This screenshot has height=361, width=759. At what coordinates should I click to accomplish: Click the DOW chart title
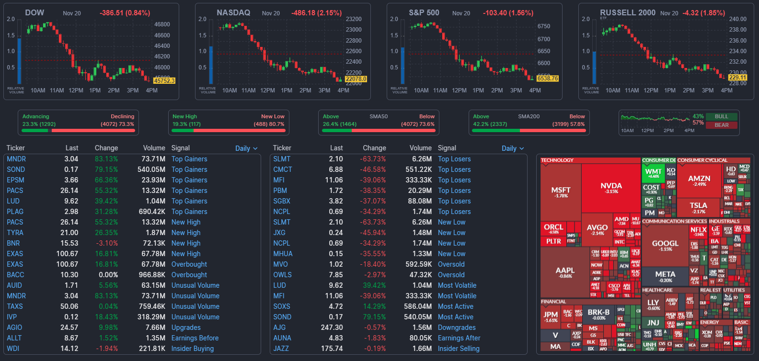pyautogui.click(x=34, y=13)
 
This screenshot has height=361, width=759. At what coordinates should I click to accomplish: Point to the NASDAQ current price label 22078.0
pyautogui.click(x=356, y=79)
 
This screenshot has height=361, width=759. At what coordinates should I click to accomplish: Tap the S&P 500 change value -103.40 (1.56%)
pyautogui.click(x=508, y=13)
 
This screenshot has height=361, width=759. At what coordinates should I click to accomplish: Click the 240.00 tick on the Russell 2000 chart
pyautogui.click(x=737, y=19)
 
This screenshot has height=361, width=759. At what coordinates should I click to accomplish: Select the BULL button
pyautogui.click(x=721, y=116)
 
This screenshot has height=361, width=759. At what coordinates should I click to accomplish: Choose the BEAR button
pyautogui.click(x=721, y=125)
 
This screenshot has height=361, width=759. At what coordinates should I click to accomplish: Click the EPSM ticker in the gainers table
pyautogui.click(x=15, y=180)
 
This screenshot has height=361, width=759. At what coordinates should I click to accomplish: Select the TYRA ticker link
pyautogui.click(x=15, y=233)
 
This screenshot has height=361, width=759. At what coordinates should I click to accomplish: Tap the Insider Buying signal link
pyautogui.click(x=193, y=349)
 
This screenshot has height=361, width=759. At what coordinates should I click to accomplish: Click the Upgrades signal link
pyautogui.click(x=186, y=327)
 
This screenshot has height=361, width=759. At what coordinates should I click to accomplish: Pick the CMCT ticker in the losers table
pyautogui.click(x=283, y=169)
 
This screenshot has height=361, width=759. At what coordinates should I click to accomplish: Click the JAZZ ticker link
pyautogui.click(x=281, y=349)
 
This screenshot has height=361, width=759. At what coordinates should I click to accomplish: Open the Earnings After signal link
pyautogui.click(x=459, y=338)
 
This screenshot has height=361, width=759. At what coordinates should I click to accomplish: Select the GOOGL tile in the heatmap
pyautogui.click(x=665, y=245)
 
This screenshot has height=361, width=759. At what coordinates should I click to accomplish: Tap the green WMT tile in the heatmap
pyautogui.click(x=653, y=173)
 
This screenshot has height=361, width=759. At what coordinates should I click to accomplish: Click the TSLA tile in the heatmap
pyautogui.click(x=698, y=207)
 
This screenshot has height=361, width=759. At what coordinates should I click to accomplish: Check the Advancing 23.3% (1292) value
pyautogui.click(x=39, y=124)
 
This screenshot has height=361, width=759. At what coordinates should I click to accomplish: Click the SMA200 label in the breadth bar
pyautogui.click(x=529, y=116)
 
